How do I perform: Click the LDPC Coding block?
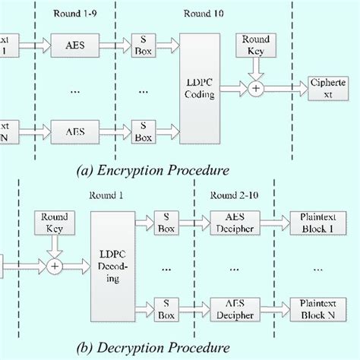click(200, 90)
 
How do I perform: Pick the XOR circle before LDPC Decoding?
click(54, 267)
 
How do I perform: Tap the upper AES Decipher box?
click(235, 222)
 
